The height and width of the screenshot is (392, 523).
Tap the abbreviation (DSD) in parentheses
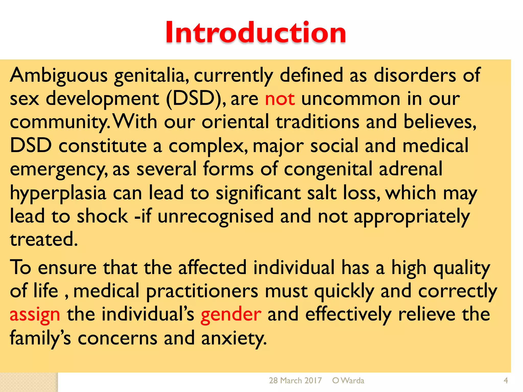coord(195,99)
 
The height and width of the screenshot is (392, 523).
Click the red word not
coord(280,99)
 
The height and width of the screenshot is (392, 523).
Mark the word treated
coord(43,239)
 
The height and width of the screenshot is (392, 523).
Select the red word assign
coord(35,315)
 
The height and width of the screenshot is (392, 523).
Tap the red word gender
coord(231,315)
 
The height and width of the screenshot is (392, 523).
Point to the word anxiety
coord(234,338)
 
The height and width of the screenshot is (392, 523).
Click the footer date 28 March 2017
coord(295,381)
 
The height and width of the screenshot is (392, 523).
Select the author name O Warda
coord(348,381)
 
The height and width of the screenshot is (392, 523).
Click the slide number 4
coord(505,381)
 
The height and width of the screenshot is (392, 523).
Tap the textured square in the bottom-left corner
coord(29,382)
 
